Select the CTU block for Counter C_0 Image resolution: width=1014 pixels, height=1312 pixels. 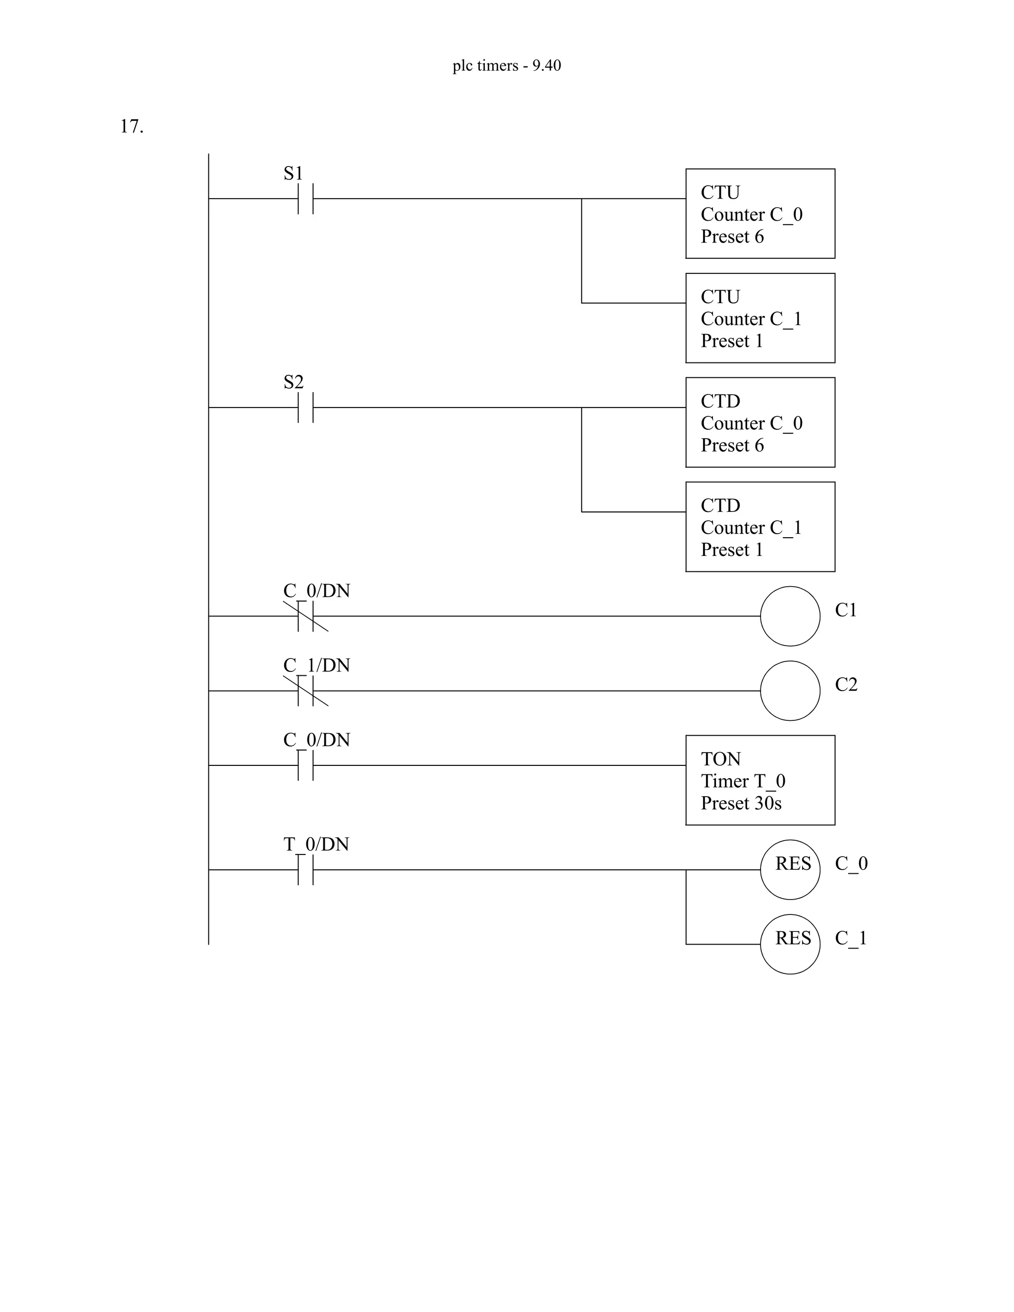click(760, 214)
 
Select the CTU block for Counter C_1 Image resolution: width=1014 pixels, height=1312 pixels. click(760, 318)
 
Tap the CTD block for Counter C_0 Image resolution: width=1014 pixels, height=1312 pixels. click(760, 423)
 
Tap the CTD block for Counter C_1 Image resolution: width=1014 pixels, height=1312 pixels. click(760, 527)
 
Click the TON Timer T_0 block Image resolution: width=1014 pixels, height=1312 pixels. click(760, 780)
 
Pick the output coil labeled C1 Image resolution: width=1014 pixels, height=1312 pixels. click(790, 616)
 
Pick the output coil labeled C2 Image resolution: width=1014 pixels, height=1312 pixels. click(790, 691)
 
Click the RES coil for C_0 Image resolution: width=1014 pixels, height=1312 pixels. click(790, 869)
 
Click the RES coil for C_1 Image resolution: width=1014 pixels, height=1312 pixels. click(790, 944)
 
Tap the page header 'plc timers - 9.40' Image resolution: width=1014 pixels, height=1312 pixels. click(507, 65)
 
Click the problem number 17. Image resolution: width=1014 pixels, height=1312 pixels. click(132, 127)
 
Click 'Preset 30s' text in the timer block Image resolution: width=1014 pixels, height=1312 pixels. click(741, 803)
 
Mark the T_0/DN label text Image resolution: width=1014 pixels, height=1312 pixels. click(316, 844)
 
